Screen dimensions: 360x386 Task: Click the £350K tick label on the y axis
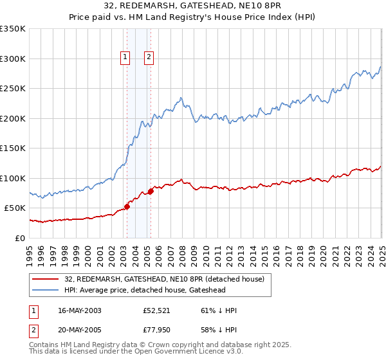[13, 29]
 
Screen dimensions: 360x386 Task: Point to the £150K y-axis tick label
[13, 148]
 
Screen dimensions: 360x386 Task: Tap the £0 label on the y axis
[20, 238]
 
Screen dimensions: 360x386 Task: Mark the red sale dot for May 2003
[127, 206]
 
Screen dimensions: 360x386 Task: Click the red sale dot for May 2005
[151, 191]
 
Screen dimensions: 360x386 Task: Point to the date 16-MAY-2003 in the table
[79, 310]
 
